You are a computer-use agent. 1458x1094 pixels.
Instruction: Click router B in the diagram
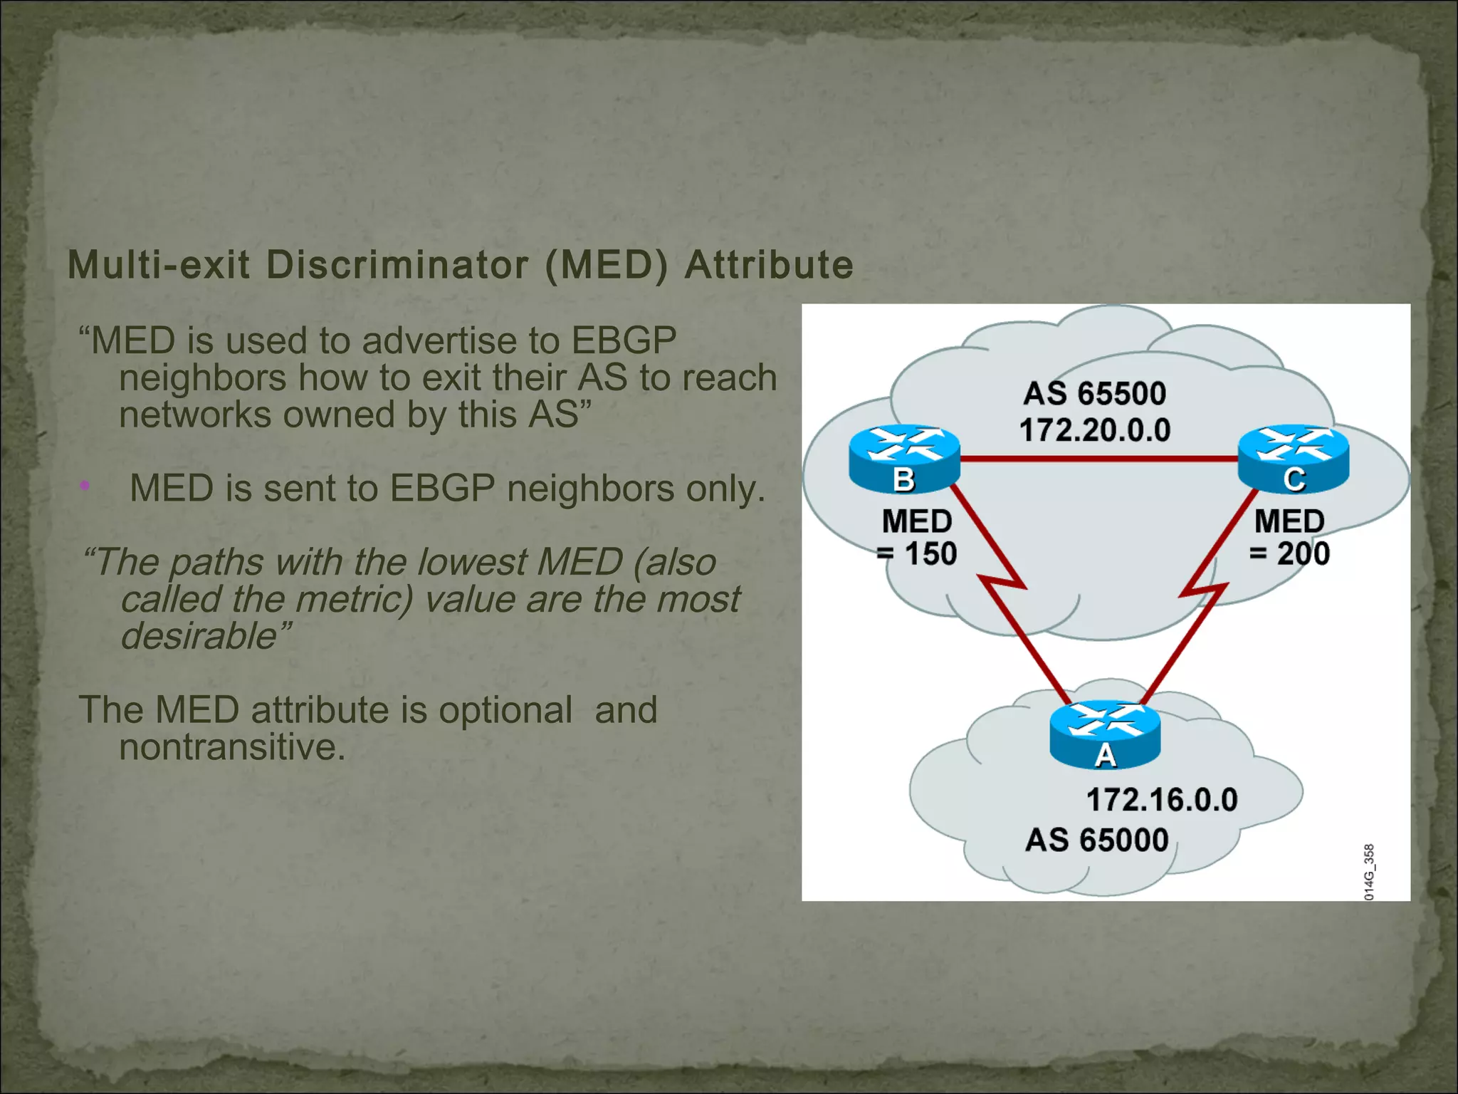[x=904, y=459]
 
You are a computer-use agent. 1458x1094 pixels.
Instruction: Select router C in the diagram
[x=1294, y=459]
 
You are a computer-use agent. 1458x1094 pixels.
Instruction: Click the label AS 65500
[x=1095, y=394]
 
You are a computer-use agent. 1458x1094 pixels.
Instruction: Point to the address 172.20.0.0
[x=1095, y=430]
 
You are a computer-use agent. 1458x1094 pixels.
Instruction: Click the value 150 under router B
[x=930, y=554]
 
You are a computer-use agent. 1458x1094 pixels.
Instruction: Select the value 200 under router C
[x=1303, y=554]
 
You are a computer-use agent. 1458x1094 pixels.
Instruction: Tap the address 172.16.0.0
[x=1162, y=800]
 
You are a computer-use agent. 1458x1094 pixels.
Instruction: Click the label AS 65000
[x=1097, y=840]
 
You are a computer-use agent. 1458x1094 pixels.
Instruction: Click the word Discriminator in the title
[x=397, y=265]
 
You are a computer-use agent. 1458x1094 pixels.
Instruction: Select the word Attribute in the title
[x=769, y=265]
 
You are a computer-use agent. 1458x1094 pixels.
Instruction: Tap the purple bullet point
[x=85, y=486]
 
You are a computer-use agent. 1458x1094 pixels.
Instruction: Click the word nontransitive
[x=232, y=747]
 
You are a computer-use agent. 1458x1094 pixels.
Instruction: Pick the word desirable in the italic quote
[x=198, y=636]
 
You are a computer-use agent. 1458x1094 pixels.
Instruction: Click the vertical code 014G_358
[x=1369, y=872]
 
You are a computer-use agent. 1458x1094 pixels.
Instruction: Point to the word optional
[x=505, y=710]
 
